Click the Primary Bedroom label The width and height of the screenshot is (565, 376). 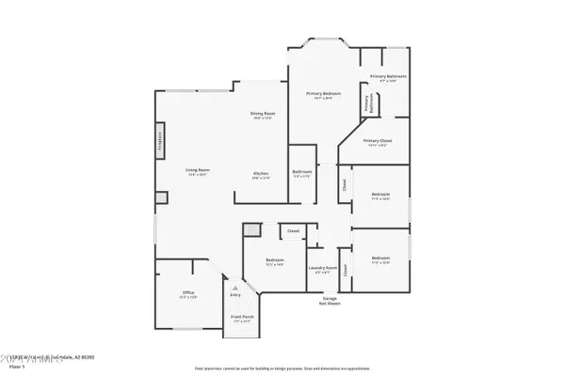pos(322,95)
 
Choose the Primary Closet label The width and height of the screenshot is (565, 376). pos(377,142)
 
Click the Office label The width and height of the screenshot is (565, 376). pos(188,294)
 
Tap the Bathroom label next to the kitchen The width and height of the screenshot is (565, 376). pos(301,173)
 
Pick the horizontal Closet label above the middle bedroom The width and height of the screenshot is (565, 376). pos(293,230)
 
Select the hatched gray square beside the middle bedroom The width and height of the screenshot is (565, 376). pos(250,230)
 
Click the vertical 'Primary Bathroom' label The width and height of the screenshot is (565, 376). pos(364,104)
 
